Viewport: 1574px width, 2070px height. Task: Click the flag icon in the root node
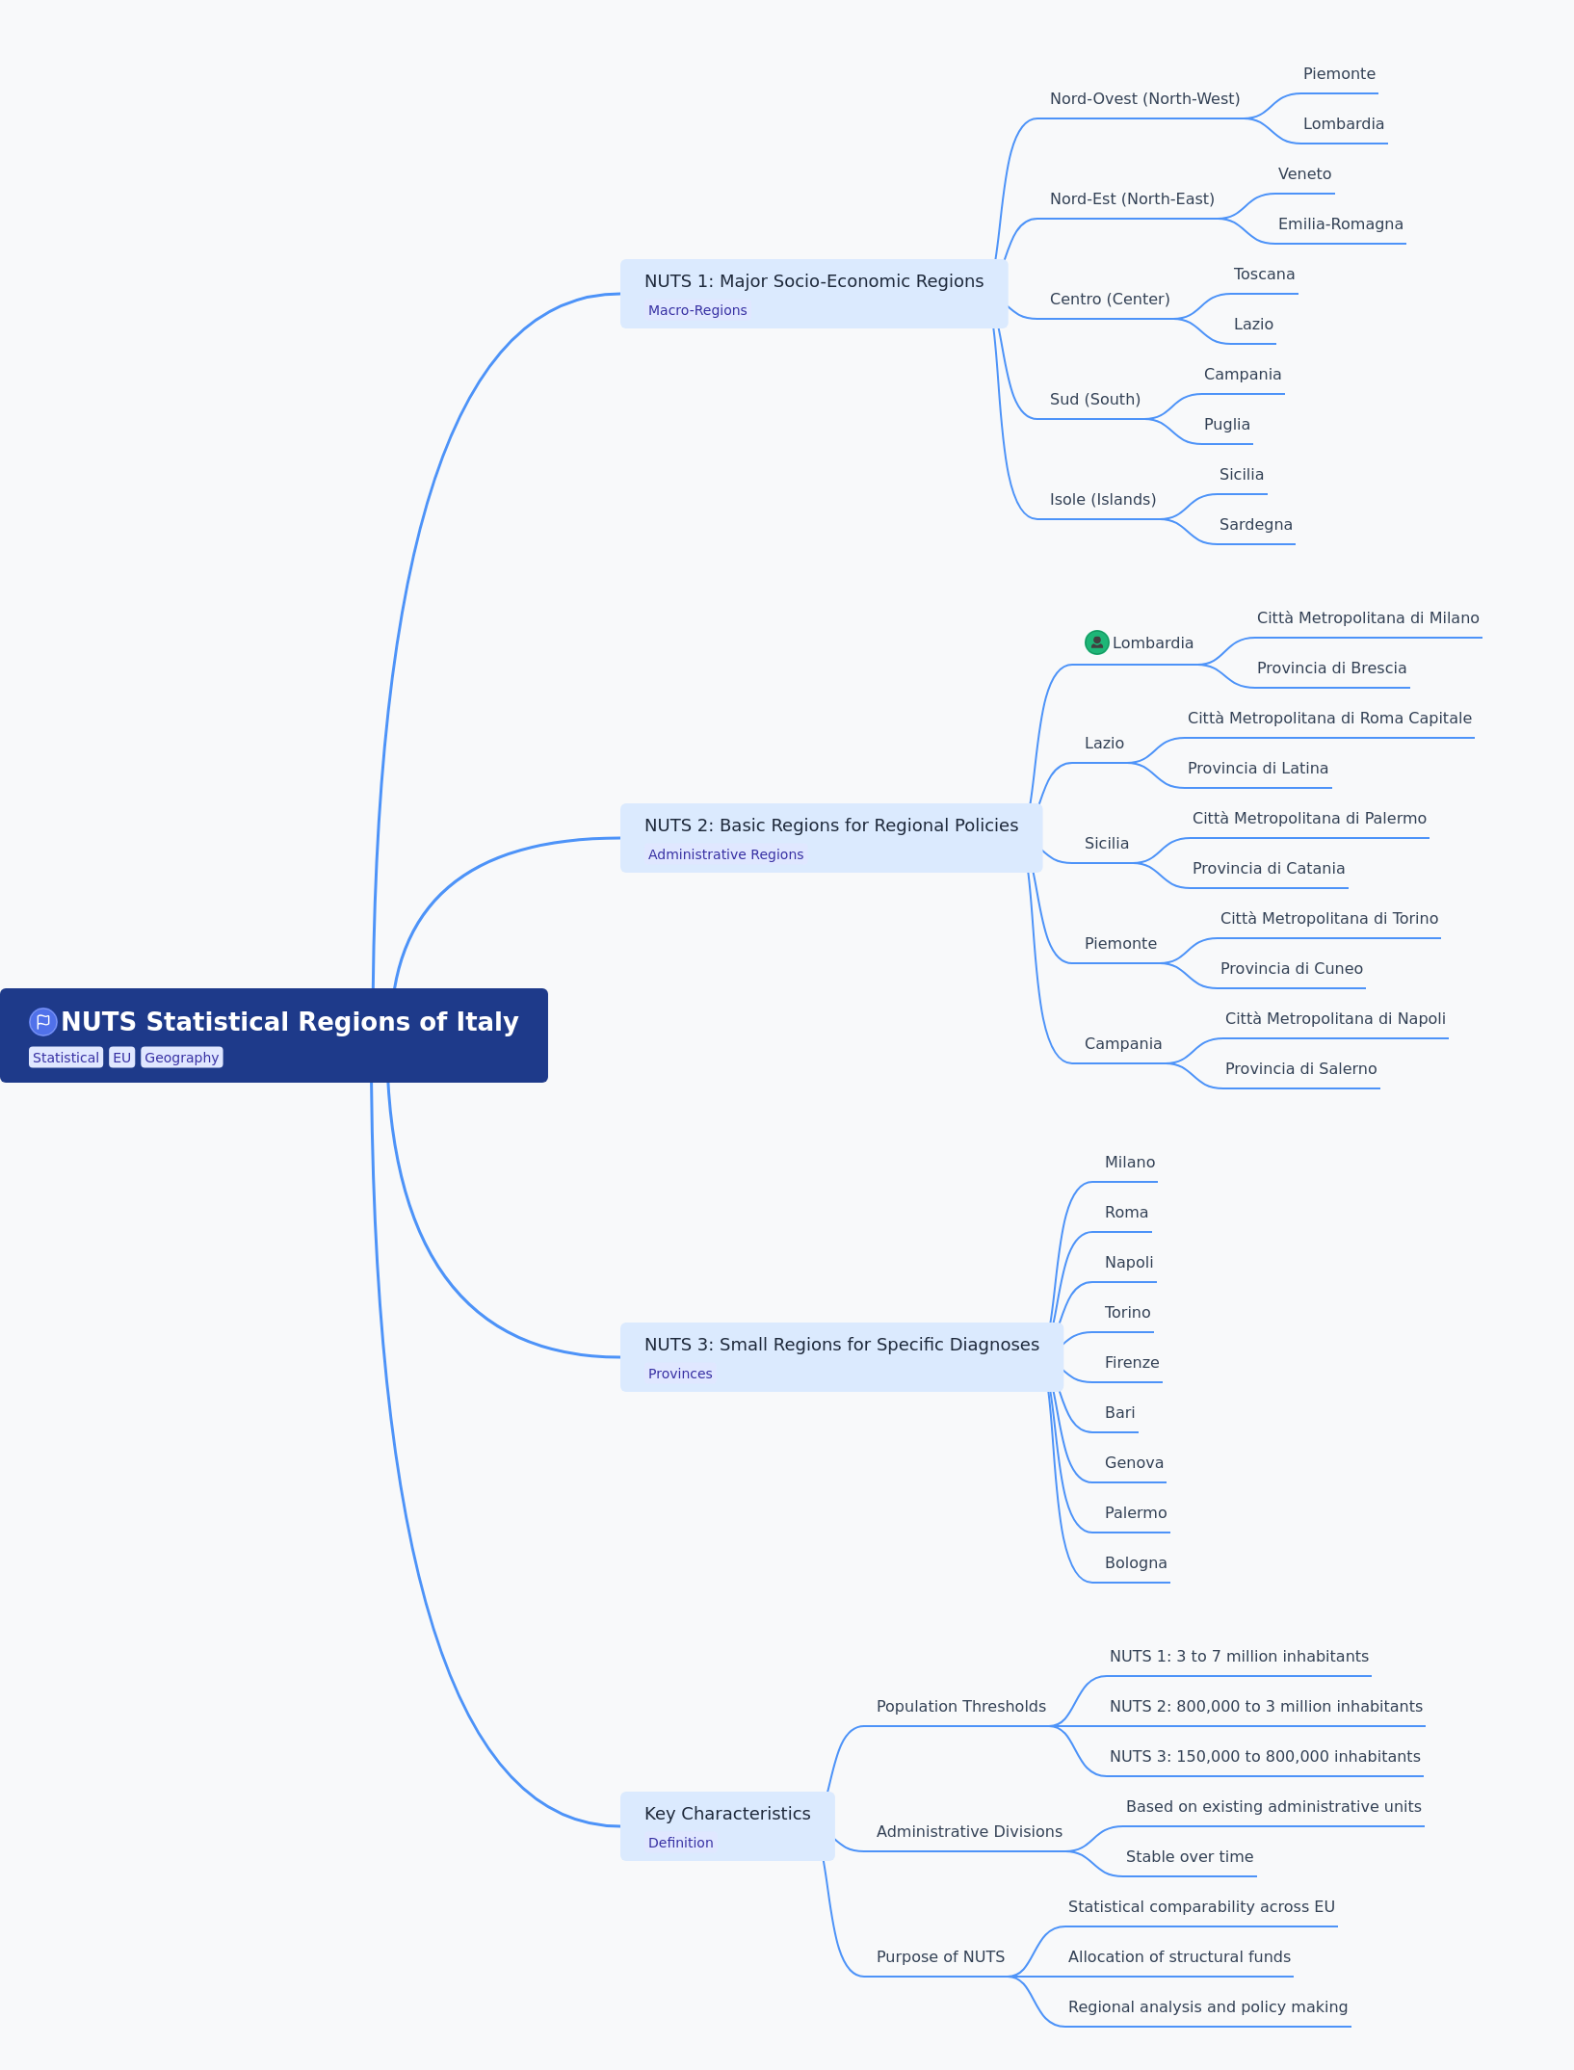point(42,1021)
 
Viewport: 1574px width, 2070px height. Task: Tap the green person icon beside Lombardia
point(1096,642)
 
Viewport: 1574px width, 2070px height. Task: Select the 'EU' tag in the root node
point(121,1058)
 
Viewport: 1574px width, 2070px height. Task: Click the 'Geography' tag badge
point(182,1058)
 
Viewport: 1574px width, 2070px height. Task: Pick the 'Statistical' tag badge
point(66,1058)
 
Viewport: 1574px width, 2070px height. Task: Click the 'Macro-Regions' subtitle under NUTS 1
point(697,310)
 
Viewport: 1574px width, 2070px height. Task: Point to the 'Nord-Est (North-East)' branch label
point(1132,199)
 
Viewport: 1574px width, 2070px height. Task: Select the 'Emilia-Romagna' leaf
point(1340,224)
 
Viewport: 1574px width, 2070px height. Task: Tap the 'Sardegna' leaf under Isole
point(1255,525)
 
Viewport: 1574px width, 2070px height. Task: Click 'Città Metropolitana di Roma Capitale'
point(1329,719)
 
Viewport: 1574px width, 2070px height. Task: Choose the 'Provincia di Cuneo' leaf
point(1291,969)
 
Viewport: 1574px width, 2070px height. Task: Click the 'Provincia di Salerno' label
point(1300,1069)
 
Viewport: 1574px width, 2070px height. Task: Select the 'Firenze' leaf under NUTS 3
point(1132,1363)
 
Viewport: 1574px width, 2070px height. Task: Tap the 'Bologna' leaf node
point(1136,1563)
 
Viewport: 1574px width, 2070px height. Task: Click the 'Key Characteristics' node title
point(727,1814)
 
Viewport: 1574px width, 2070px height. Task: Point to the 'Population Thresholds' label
point(960,1707)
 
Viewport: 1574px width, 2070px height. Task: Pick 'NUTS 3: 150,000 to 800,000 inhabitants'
point(1265,1757)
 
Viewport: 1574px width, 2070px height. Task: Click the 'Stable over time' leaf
point(1190,1857)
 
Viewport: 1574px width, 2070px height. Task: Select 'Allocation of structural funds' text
point(1179,1957)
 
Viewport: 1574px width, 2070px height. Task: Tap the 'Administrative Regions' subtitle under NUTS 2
point(725,854)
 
